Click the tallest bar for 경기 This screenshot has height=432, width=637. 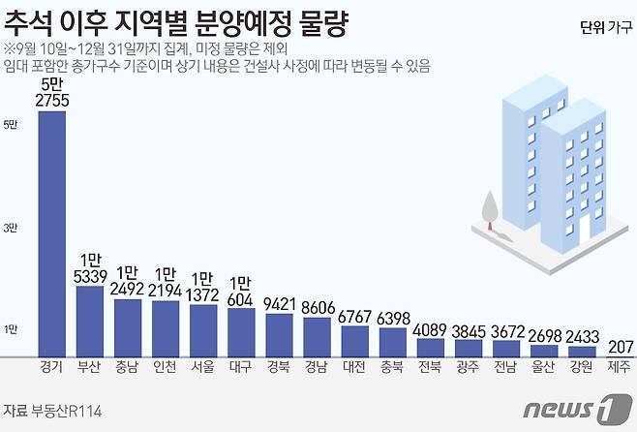coord(51,232)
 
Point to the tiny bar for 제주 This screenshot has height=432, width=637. coord(620,355)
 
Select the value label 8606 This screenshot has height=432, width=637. coord(317,310)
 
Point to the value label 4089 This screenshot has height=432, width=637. coord(431,328)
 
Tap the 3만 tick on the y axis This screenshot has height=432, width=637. coord(11,228)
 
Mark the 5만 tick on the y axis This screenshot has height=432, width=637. coord(11,124)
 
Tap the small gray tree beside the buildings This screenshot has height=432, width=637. coord(491,207)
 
